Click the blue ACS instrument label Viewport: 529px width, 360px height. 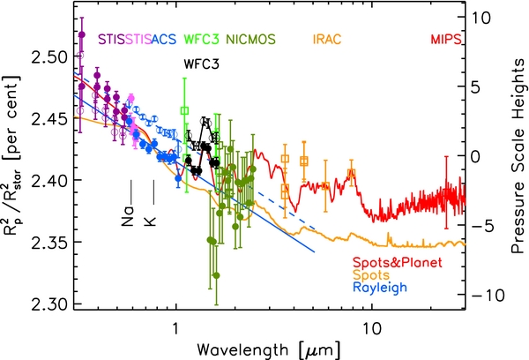pos(164,40)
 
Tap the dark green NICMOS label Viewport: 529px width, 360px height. pos(250,40)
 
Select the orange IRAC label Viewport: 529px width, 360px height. pos(327,40)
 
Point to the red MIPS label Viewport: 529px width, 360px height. pos(446,40)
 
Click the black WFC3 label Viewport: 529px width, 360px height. pos(201,64)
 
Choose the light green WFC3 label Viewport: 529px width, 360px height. pos(201,40)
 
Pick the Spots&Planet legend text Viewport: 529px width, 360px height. pos(398,262)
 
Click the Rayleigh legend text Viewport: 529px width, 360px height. pos(380,288)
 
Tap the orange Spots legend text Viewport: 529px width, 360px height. pos(371,275)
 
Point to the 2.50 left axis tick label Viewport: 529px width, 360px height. pos(48,56)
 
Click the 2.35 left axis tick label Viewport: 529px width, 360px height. pos(48,242)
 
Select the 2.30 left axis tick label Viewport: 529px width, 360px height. pos(48,304)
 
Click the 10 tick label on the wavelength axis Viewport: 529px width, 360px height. pos(372,327)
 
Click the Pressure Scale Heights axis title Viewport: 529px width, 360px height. pos(518,155)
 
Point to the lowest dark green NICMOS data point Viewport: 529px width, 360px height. pos(216,275)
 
